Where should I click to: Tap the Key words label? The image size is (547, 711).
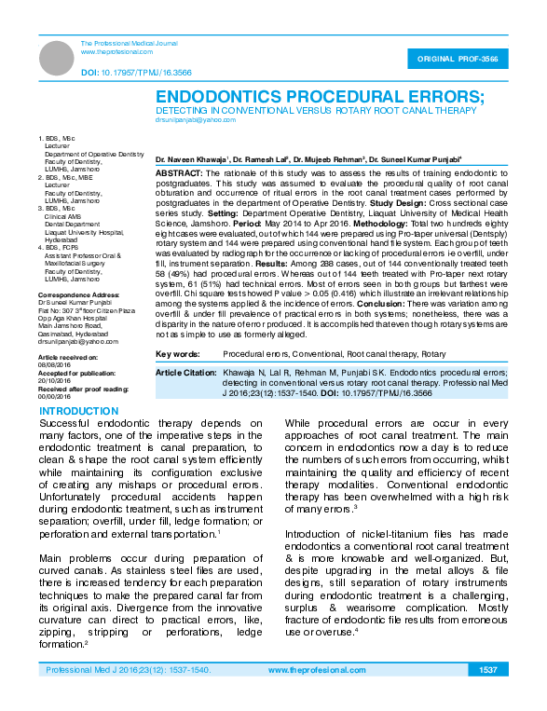tap(177, 355)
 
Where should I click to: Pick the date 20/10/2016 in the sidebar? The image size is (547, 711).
tap(54, 379)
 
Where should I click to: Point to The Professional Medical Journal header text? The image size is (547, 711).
tap(128, 44)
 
